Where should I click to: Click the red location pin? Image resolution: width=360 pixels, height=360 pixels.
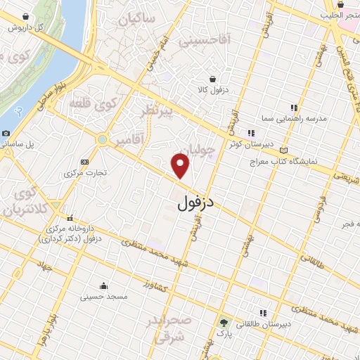(181, 165)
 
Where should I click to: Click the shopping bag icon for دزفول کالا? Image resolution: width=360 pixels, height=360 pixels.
(212, 79)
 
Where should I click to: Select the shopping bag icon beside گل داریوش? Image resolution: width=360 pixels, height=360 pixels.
(26, 16)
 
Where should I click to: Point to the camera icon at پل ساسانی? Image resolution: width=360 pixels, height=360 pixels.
(6, 134)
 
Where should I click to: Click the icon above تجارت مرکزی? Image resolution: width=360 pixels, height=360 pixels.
(85, 161)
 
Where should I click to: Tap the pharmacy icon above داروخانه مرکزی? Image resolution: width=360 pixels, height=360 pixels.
(70, 218)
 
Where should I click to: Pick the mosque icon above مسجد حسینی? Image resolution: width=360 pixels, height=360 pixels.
(104, 285)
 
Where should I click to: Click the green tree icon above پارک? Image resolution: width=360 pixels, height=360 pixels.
(224, 323)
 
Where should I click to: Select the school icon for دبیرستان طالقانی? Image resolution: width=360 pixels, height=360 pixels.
(263, 313)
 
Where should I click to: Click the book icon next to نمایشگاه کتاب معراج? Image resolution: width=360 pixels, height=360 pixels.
(283, 150)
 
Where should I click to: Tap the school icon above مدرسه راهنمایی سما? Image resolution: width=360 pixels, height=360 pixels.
(293, 108)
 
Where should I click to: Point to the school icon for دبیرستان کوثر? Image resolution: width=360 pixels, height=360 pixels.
(250, 132)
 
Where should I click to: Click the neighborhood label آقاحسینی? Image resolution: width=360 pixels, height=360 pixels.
(205, 41)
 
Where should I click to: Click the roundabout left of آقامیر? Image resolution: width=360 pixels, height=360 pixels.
(103, 140)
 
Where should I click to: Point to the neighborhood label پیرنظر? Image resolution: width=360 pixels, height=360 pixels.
(155, 115)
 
